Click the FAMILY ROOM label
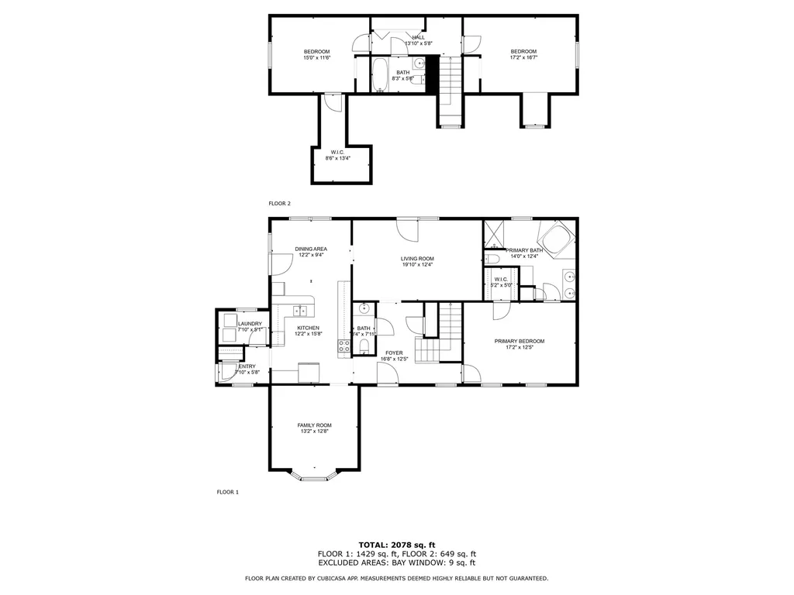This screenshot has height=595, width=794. point(315,425)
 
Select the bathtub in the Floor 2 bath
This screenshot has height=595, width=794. point(380,75)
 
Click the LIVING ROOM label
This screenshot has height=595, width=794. point(417,259)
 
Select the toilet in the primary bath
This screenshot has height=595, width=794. point(492,259)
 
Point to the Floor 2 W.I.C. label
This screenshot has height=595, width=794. point(338,152)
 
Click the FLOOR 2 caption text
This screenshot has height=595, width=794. point(279,204)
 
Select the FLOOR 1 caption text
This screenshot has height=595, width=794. point(227,492)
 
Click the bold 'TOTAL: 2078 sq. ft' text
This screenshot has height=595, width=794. point(397,545)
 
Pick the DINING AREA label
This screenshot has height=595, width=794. point(311,249)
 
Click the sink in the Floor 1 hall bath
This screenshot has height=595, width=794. point(364,309)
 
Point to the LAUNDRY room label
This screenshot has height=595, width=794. point(250,324)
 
